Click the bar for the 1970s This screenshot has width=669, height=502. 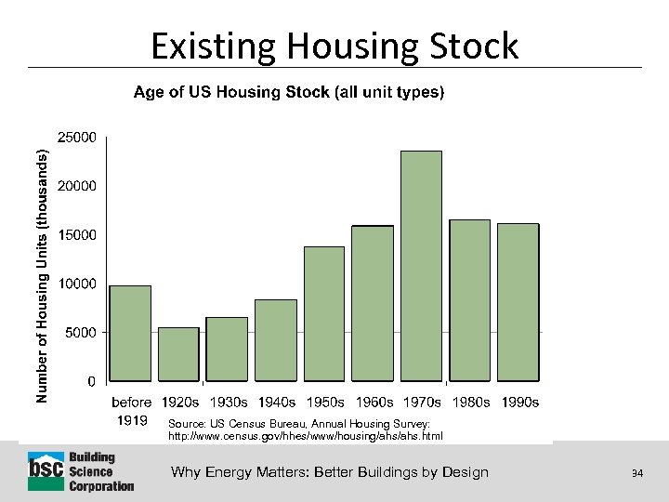[x=421, y=266]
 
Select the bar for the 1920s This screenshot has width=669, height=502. [x=178, y=354]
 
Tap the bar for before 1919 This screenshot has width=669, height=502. [x=130, y=333]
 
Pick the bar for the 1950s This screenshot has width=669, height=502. [x=324, y=313]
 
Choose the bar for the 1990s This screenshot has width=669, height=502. [x=518, y=302]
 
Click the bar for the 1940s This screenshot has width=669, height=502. [x=276, y=340]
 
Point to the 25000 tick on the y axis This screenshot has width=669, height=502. [x=76, y=137]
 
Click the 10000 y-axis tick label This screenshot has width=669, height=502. [x=76, y=284]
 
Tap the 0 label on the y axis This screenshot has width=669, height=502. [x=90, y=381]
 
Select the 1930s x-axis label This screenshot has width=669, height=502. [x=228, y=403]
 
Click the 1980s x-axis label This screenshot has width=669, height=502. [x=470, y=403]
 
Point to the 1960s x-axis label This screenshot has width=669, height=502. [x=373, y=403]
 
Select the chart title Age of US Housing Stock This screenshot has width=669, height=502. [x=289, y=92]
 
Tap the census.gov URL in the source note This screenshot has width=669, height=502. [x=306, y=436]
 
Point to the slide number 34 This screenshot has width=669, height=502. [x=637, y=473]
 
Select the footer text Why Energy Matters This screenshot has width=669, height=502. [x=329, y=472]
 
